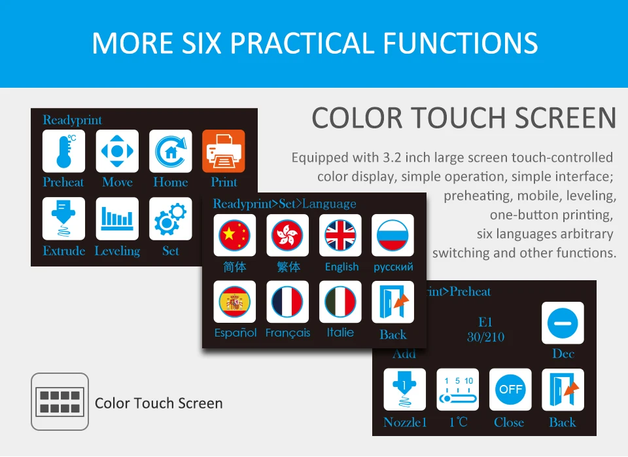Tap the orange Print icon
(x=224, y=151)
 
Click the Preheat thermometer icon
(x=63, y=151)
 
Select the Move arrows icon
(x=117, y=151)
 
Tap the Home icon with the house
(x=171, y=151)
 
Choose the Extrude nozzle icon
(x=63, y=219)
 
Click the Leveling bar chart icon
(x=117, y=219)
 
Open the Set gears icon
(x=171, y=219)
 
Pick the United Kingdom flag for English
(x=340, y=235)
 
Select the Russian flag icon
(x=393, y=235)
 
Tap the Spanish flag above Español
(x=235, y=302)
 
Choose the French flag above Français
(x=288, y=302)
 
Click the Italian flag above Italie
(x=340, y=302)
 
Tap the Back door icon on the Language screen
(x=393, y=302)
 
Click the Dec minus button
(x=563, y=323)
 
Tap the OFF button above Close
(x=511, y=390)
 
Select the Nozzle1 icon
(x=404, y=390)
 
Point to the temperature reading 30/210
(x=486, y=337)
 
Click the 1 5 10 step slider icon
(x=458, y=390)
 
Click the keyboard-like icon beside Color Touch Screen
(x=60, y=402)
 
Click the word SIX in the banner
(x=201, y=43)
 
